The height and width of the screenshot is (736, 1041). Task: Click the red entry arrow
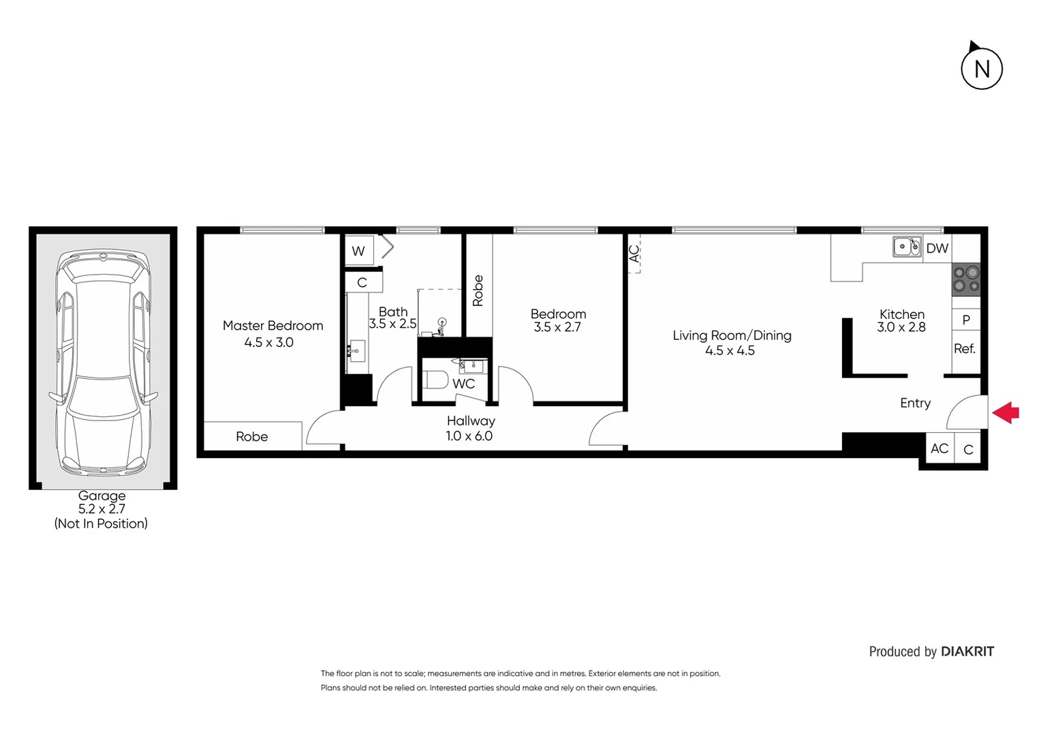click(1006, 412)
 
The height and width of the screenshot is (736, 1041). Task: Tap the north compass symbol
click(982, 68)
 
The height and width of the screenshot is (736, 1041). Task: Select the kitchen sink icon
click(907, 247)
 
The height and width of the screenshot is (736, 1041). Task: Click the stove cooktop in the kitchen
click(966, 279)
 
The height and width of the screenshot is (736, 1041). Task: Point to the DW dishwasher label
click(937, 249)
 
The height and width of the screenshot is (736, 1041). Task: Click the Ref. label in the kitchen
click(965, 349)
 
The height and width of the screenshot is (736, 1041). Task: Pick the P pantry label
click(966, 320)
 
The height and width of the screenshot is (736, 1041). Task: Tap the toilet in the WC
click(436, 379)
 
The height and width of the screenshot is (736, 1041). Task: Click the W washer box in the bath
click(358, 251)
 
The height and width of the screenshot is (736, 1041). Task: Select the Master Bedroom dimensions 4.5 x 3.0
click(269, 343)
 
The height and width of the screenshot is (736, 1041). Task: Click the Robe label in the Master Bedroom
click(252, 437)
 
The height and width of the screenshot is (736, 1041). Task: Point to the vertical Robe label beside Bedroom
click(478, 290)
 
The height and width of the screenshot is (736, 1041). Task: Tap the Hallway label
click(471, 421)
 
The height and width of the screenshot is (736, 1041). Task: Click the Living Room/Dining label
click(732, 335)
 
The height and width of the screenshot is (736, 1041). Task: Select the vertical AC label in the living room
click(634, 254)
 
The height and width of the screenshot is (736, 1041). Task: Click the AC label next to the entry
click(939, 448)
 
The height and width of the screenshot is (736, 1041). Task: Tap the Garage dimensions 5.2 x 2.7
click(102, 509)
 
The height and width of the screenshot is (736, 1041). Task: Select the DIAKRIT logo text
click(967, 651)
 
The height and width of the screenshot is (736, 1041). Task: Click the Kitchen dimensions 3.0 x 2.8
click(901, 327)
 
